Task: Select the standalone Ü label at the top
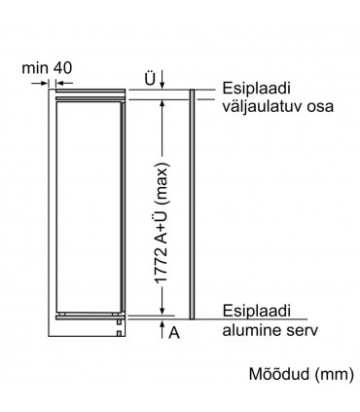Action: click(149, 77)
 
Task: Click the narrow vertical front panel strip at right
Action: click(196, 205)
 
